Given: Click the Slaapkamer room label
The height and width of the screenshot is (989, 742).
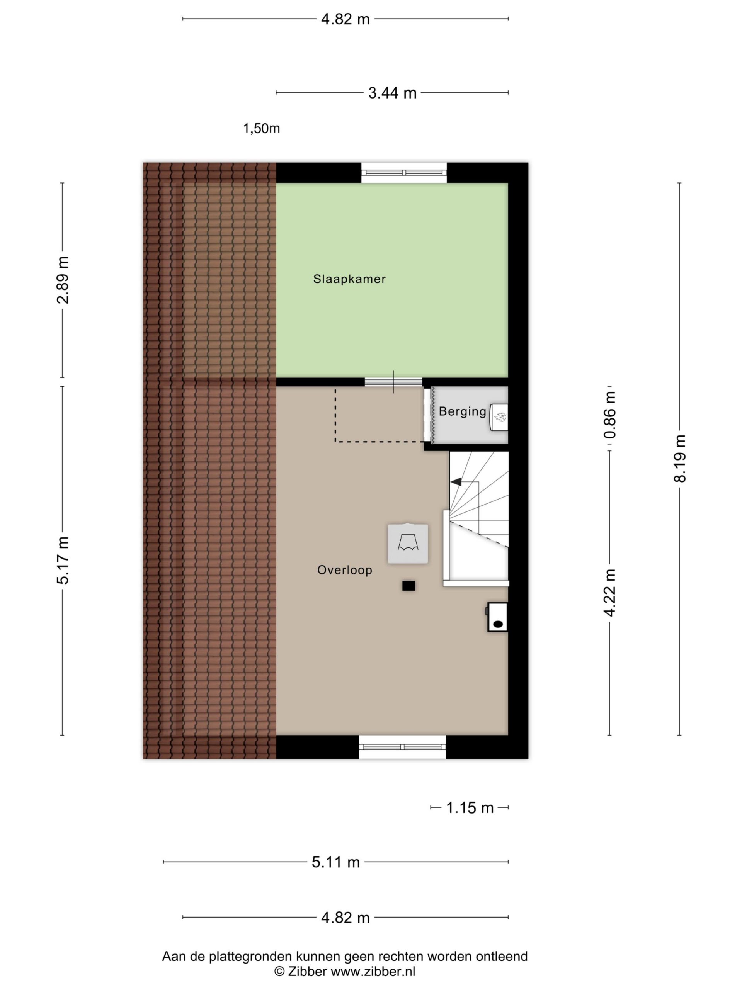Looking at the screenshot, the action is pos(349,279).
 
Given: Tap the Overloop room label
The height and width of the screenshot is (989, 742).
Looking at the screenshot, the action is pos(344,570).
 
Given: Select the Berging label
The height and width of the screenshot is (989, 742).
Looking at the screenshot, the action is pos(462,411).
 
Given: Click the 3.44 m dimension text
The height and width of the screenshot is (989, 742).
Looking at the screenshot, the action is pos(392,93).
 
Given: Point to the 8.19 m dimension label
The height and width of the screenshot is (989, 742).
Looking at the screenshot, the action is pos(679,458).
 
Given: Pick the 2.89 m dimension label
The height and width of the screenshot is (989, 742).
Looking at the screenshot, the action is pos(63,280).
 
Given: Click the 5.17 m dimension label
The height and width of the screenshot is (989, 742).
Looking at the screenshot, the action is pos(63,560).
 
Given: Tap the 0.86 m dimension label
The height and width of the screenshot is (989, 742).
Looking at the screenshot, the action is pos(609,415).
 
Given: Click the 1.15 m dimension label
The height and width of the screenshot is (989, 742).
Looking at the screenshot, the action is pos(470,808).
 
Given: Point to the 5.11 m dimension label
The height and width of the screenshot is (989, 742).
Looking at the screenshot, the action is pos(335,862).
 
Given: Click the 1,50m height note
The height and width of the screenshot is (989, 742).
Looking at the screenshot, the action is pos(261,129).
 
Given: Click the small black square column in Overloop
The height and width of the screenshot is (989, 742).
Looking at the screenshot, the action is pos(408,586).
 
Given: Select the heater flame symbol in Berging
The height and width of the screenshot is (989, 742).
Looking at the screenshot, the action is pos(500,417).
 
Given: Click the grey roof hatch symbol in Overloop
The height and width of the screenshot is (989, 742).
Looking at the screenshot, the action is pos(408,543).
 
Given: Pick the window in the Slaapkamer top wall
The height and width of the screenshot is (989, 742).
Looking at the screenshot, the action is pos(404,173).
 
